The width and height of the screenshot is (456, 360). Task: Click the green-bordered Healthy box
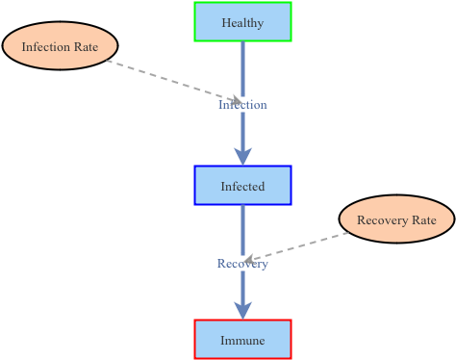click(242, 22)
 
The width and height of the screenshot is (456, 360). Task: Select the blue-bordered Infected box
click(242, 186)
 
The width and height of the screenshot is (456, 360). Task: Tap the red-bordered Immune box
click(242, 340)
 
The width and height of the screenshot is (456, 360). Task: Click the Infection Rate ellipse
click(60, 46)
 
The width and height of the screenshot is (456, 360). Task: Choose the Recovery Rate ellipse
click(396, 219)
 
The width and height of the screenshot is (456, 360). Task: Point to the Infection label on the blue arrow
click(242, 104)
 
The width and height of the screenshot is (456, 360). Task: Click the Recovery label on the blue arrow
click(242, 264)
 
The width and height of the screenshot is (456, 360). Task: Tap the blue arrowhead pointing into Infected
click(242, 154)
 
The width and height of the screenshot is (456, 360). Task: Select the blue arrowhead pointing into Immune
click(242, 308)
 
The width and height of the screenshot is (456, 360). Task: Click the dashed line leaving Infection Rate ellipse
click(164, 79)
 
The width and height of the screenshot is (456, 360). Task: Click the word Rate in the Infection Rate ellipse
click(86, 47)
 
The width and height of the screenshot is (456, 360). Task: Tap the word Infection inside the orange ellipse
click(46, 47)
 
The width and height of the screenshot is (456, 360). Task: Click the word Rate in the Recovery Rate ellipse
click(424, 220)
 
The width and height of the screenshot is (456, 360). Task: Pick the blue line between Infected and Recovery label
click(242, 229)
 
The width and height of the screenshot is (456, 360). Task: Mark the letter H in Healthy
click(225, 23)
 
